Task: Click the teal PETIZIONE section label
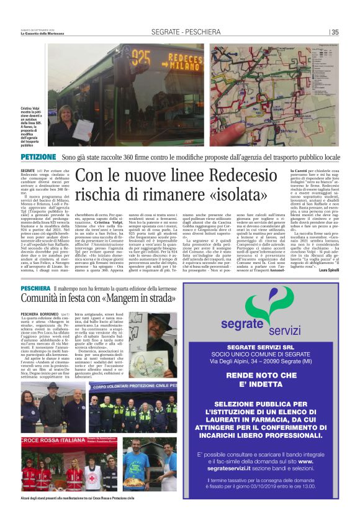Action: (x=38, y=157)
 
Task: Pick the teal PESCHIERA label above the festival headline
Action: (x=35, y=289)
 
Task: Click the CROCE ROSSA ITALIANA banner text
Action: (x=50, y=440)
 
